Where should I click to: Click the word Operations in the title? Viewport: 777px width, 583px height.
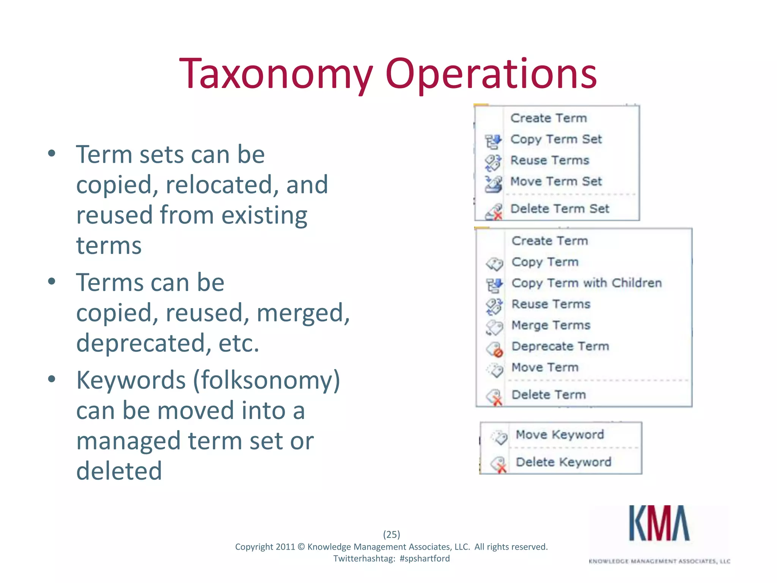pos(491,74)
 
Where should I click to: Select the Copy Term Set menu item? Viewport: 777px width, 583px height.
pos(556,139)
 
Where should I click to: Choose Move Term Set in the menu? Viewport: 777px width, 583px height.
pos(556,181)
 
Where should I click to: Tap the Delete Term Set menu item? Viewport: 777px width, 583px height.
pos(560,209)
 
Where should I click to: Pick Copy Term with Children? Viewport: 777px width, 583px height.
pos(586,283)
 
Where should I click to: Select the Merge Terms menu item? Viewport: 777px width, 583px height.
pos(551,325)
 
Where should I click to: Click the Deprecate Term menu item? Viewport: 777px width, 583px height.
pos(560,346)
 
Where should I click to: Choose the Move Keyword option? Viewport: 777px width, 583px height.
pos(560,435)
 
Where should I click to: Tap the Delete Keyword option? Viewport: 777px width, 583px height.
pos(563,462)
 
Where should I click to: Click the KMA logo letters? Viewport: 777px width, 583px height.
pos(659,523)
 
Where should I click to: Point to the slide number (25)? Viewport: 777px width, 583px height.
pos(392,534)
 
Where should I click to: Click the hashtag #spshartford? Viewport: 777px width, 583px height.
pos(425,558)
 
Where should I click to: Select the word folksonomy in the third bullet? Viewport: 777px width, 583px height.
pos(266,380)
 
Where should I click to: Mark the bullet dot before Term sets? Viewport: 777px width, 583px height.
pos(52,154)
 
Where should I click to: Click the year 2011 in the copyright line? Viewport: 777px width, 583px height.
pos(285,547)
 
